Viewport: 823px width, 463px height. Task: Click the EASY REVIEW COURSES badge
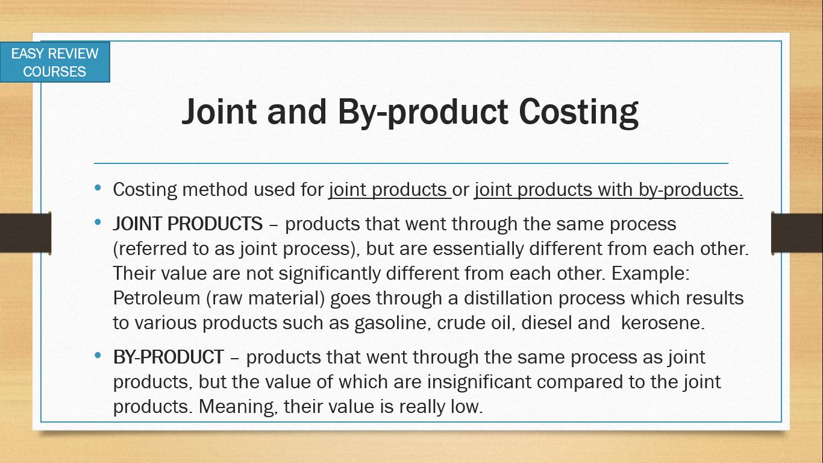pyautogui.click(x=55, y=62)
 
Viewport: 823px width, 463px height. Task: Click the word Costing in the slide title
pyautogui.click(x=578, y=113)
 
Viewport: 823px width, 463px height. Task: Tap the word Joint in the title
pyautogui.click(x=219, y=112)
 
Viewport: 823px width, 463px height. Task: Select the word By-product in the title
pyautogui.click(x=423, y=113)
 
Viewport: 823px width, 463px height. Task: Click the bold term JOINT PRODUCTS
pyautogui.click(x=188, y=224)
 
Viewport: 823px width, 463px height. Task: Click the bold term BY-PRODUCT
pyautogui.click(x=168, y=357)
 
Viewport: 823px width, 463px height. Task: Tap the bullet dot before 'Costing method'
pyautogui.click(x=98, y=188)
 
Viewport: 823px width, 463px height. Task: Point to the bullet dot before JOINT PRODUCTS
pyautogui.click(x=98, y=222)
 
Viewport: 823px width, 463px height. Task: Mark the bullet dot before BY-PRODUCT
pyautogui.click(x=98, y=355)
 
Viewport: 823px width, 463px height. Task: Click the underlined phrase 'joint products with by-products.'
pyautogui.click(x=609, y=190)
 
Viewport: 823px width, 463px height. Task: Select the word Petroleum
pyautogui.click(x=157, y=298)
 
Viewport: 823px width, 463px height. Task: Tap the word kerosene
pyautogui.click(x=663, y=323)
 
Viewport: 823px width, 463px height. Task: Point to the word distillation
pyautogui.click(x=508, y=298)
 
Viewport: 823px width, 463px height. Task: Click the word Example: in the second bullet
pyautogui.click(x=650, y=274)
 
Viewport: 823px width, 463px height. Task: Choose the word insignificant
pyautogui.click(x=479, y=382)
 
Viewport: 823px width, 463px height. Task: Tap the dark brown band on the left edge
pyautogui.click(x=25, y=233)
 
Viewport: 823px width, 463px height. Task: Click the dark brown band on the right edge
pyautogui.click(x=797, y=233)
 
